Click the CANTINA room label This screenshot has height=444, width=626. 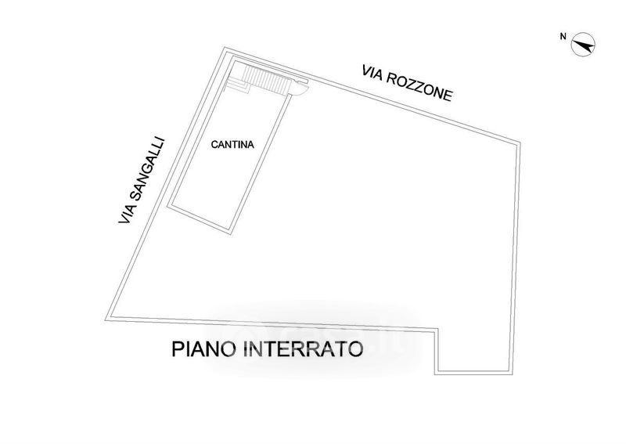point(232,145)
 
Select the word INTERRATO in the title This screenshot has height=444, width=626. point(303,349)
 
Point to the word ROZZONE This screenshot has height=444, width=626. point(419,88)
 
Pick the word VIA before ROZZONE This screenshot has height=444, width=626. point(372,73)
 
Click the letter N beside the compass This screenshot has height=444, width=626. point(563,36)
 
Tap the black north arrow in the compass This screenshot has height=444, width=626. point(584,45)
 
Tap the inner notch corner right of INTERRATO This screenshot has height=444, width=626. point(437,329)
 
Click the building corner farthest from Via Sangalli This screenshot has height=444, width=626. point(513,374)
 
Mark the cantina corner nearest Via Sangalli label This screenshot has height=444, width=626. point(167,206)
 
